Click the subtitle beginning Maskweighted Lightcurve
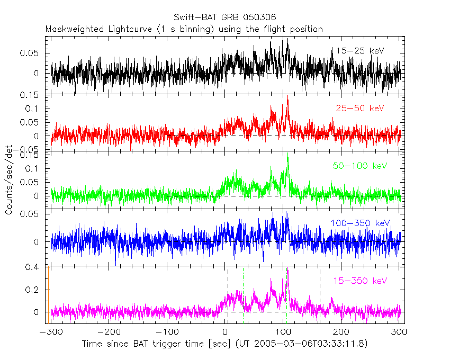tap(184, 29)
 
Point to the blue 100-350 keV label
tap(360, 223)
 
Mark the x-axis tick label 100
tap(284, 332)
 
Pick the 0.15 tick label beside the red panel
tap(31, 95)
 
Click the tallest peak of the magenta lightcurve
tap(287, 270)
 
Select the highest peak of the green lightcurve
tap(287, 157)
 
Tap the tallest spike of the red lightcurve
tap(287, 100)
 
